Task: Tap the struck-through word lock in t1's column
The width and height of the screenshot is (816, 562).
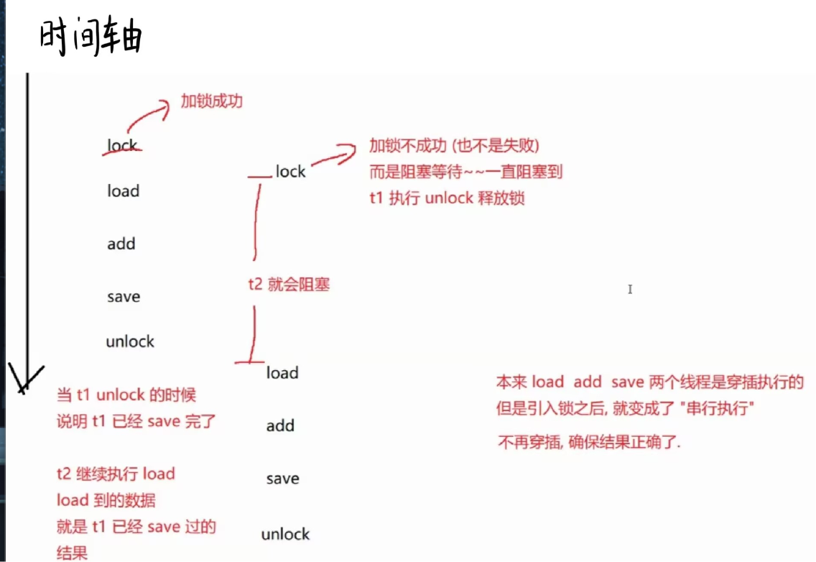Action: point(122,145)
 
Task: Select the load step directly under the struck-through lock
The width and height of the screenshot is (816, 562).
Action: point(123,191)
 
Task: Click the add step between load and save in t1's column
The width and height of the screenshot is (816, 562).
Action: point(121,244)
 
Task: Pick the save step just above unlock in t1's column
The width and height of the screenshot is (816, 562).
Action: point(124,297)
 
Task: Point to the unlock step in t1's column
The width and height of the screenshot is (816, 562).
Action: point(130,341)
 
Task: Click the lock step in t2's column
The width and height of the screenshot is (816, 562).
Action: point(290,172)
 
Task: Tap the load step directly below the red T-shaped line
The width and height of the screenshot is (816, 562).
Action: point(282,373)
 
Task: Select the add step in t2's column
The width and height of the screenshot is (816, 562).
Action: point(280,425)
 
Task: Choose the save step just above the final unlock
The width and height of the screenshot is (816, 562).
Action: point(282,479)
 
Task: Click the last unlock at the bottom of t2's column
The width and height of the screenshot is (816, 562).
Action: point(285,534)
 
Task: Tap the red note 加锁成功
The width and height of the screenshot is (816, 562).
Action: point(211,101)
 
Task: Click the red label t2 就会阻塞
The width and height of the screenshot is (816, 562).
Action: point(289,285)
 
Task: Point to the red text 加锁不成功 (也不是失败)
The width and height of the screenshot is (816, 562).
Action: point(454,146)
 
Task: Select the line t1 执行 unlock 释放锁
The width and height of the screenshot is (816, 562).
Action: point(447,198)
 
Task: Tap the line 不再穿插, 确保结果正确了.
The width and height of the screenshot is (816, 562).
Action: point(588,442)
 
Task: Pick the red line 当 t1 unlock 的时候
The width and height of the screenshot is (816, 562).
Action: point(126,395)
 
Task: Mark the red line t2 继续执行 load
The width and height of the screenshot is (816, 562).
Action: point(116,474)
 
